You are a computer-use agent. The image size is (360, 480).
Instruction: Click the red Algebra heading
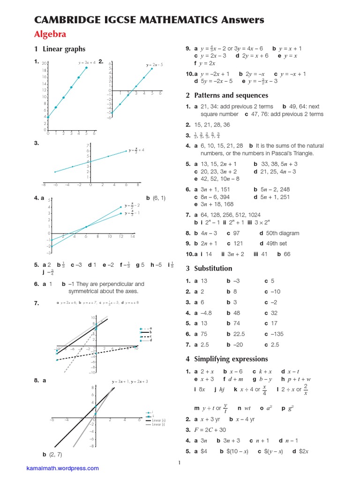pos(50,34)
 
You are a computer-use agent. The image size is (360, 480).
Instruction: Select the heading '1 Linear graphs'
pos(59,49)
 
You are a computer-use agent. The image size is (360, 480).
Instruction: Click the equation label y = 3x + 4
pos(87,62)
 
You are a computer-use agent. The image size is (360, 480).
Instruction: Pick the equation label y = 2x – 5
pos(154,65)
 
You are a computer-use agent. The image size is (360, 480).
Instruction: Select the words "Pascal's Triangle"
pos(292,153)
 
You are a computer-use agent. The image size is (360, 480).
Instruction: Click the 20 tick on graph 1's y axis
pos(44,63)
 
